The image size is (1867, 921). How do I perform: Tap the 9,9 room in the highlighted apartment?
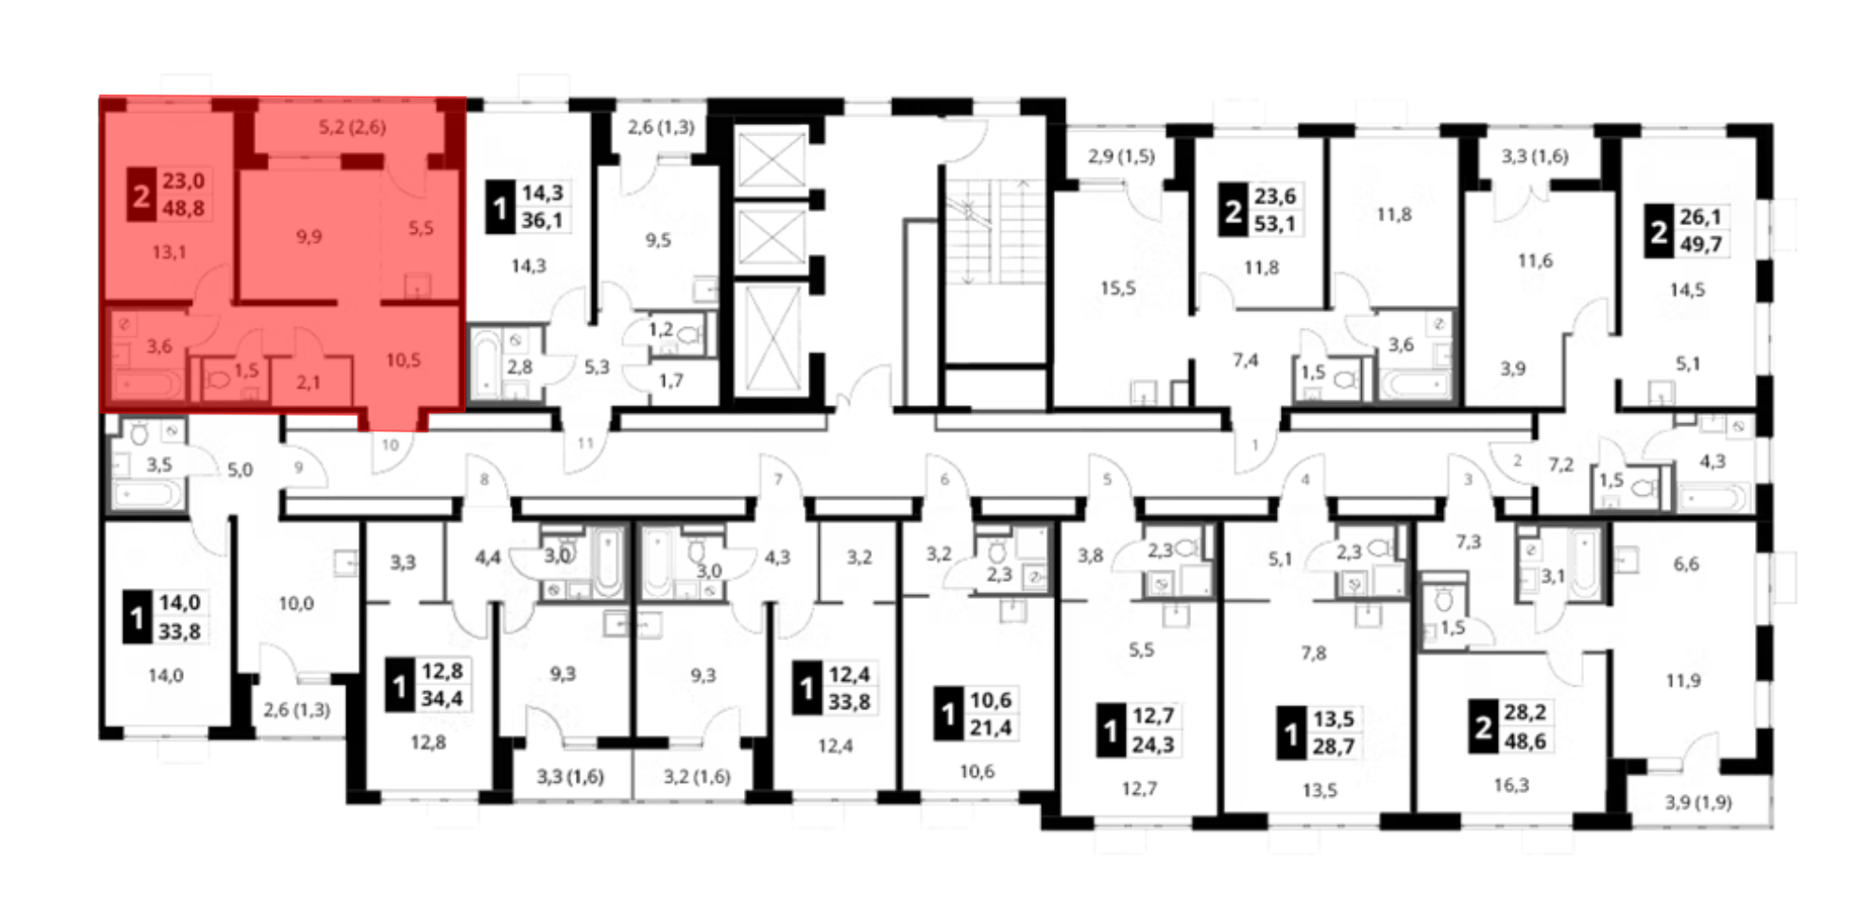click(x=309, y=237)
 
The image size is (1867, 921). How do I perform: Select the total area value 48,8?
click(x=183, y=208)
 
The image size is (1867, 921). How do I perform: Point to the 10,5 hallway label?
click(x=403, y=360)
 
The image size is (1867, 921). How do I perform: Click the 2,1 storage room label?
click(x=308, y=382)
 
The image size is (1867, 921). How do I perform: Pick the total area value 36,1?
click(x=542, y=220)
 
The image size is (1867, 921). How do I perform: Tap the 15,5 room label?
click(x=1117, y=289)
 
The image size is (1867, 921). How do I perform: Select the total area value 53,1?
click(x=1275, y=224)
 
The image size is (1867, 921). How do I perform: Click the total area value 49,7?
click(x=1701, y=245)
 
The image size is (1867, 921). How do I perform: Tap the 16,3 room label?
click(x=1511, y=786)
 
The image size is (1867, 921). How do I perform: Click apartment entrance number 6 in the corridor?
click(x=945, y=479)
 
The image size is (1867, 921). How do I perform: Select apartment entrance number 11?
click(x=585, y=443)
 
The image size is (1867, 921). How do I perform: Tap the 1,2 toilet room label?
click(x=660, y=329)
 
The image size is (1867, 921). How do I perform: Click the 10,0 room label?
click(x=296, y=603)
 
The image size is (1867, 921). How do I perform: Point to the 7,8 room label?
click(x=1313, y=653)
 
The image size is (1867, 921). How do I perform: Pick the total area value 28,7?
click(x=1333, y=746)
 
